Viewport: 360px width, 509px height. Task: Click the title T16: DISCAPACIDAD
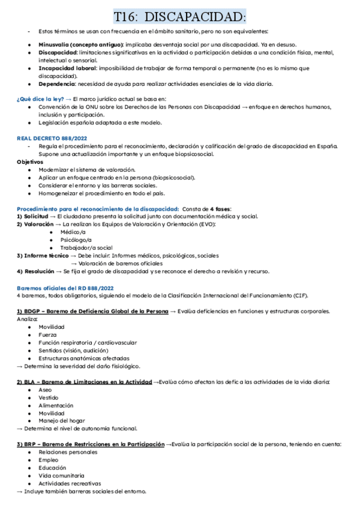[x=180, y=15]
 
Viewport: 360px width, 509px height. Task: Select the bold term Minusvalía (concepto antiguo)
[x=81, y=44]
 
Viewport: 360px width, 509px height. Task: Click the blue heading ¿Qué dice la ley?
[x=40, y=98]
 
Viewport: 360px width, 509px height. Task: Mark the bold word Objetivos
[x=31, y=162]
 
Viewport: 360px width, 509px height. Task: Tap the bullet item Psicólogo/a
[x=76, y=239]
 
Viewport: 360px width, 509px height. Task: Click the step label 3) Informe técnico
[x=43, y=255]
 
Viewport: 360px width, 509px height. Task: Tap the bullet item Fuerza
[x=48, y=335]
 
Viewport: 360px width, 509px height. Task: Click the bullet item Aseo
[x=46, y=390]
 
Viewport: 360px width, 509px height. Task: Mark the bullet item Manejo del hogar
[x=62, y=421]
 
